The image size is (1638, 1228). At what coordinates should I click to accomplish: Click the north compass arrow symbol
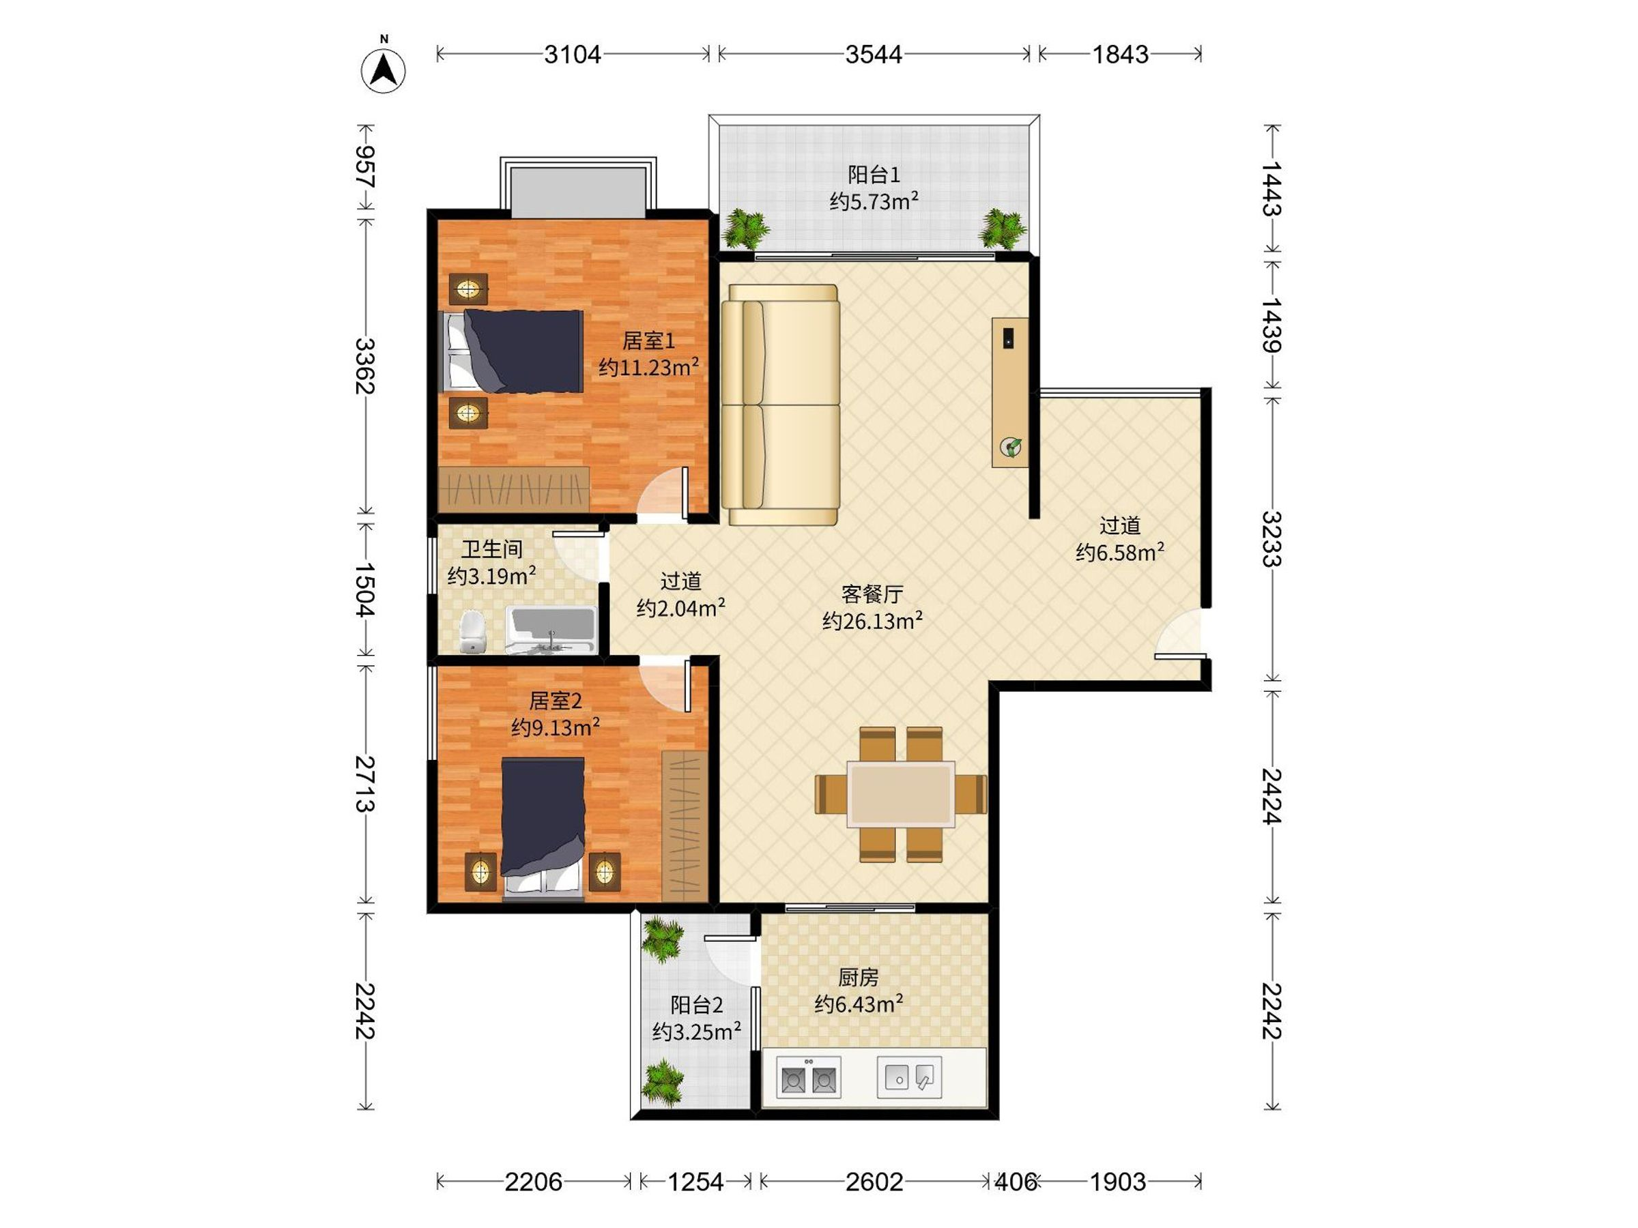(x=384, y=70)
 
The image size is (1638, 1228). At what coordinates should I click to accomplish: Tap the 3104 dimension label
(x=573, y=54)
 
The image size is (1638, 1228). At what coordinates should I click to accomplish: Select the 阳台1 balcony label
(x=874, y=175)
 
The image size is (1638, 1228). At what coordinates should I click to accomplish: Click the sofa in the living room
(x=781, y=405)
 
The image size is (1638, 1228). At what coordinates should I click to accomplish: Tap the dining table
(x=900, y=794)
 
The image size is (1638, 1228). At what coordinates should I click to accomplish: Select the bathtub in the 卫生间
(x=551, y=630)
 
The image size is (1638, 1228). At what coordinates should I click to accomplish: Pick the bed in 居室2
(x=543, y=828)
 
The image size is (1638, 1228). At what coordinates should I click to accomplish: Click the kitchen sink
(x=909, y=1077)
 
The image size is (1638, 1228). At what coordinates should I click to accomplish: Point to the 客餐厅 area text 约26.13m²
(x=872, y=620)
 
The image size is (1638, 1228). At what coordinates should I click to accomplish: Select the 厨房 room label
(x=859, y=978)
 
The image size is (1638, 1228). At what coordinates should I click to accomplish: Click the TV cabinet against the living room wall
(x=1010, y=392)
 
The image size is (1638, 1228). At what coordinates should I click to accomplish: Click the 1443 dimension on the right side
(x=1271, y=189)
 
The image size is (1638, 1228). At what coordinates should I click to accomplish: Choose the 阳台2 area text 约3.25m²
(x=697, y=1031)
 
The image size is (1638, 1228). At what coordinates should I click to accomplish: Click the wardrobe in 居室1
(x=514, y=488)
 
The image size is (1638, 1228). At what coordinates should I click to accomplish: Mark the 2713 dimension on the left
(x=365, y=784)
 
